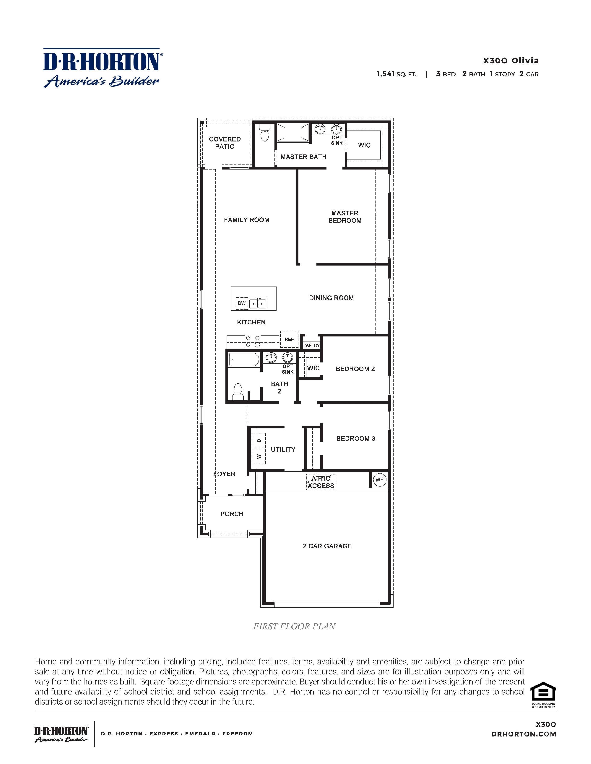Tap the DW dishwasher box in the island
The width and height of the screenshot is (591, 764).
point(242,303)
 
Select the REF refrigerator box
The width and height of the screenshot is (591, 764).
point(289,339)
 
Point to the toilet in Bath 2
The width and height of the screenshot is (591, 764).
point(238,392)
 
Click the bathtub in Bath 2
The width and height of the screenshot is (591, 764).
point(244,359)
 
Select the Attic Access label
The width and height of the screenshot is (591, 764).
point(321,482)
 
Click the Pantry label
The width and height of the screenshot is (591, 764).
point(311,345)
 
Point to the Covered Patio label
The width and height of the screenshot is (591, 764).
point(225,143)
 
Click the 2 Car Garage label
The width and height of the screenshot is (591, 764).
point(327,546)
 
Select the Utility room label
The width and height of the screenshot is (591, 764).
point(283,450)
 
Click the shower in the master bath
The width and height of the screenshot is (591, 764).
point(293,133)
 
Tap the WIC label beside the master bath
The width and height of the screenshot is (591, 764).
point(364,145)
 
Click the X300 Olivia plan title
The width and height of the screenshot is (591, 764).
point(511,60)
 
